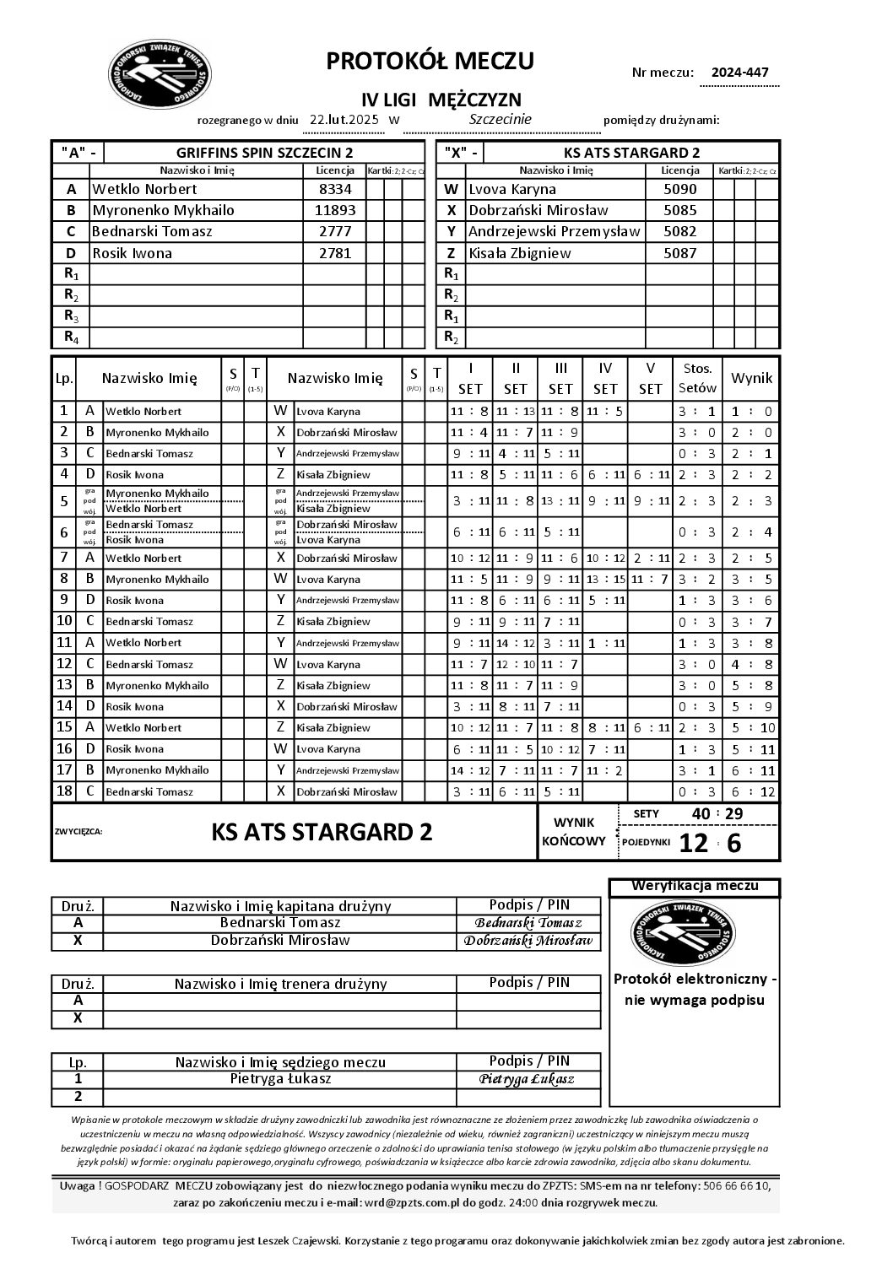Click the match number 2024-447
tap(739, 73)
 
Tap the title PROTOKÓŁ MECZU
tap(430, 61)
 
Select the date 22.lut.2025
tap(344, 120)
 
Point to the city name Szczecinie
tap(500, 119)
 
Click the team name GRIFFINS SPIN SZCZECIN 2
tap(264, 153)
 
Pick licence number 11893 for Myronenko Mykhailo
tap(335, 210)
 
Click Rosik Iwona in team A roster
tap(133, 253)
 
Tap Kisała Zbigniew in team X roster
tap(520, 253)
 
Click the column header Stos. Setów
tap(697, 378)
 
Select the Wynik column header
tap(751, 378)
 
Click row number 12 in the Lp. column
tap(64, 664)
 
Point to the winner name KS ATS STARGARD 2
tap(322, 832)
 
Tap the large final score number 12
tap(694, 843)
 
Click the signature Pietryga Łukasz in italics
tap(527, 1079)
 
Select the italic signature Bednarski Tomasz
tap(528, 924)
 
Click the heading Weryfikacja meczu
tap(695, 886)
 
